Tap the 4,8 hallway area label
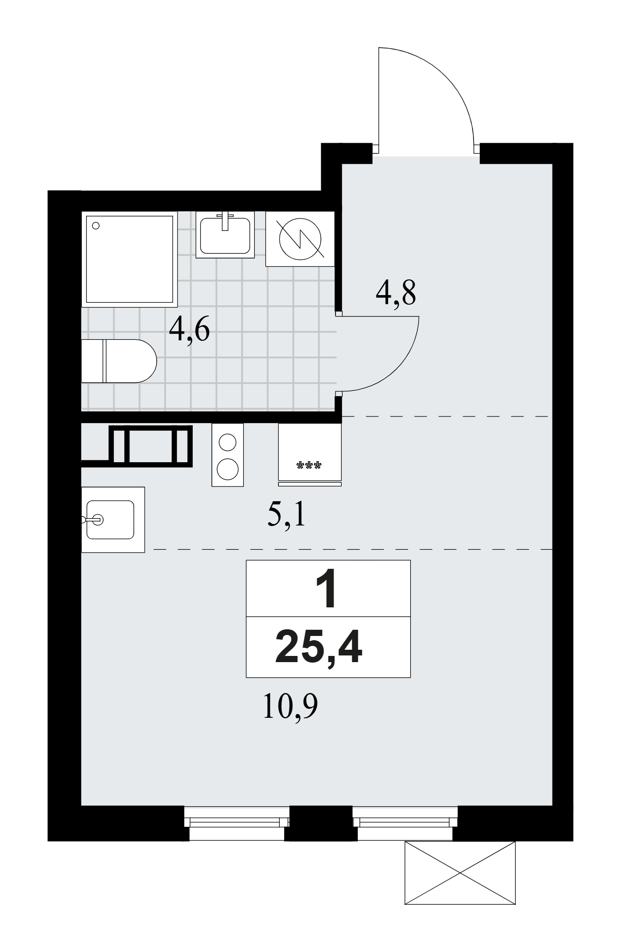[x=396, y=293]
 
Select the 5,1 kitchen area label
[x=286, y=514]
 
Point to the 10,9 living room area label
[x=290, y=708]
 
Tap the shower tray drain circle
[x=96, y=226]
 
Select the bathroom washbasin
[x=225, y=235]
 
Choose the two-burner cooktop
[x=227, y=455]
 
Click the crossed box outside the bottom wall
[x=460, y=873]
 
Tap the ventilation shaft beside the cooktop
[x=151, y=445]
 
